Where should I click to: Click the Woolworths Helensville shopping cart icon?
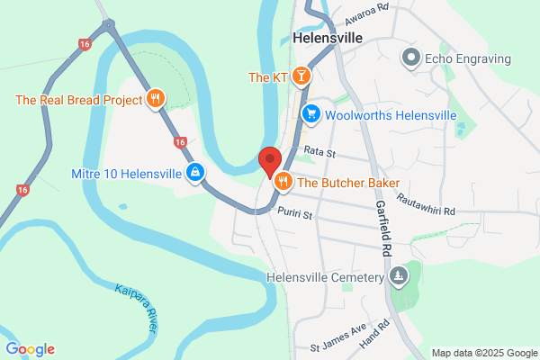coord(311,113)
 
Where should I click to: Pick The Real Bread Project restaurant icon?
coord(156,99)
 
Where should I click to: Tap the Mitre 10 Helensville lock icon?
coord(194,173)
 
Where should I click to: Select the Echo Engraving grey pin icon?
coord(412,59)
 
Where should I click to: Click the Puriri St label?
coord(294,215)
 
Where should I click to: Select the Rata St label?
coord(319,152)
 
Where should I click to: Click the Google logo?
coord(30,349)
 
